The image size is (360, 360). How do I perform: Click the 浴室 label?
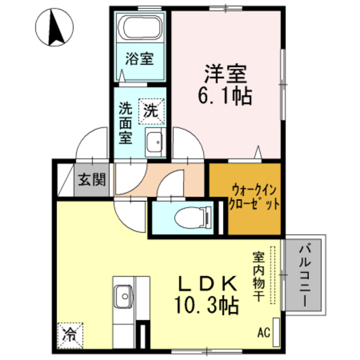[x=139, y=58]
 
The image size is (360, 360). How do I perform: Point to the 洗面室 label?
[x=125, y=123]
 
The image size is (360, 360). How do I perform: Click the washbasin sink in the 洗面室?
[x=153, y=143]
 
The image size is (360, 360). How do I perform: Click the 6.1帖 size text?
[x=224, y=96]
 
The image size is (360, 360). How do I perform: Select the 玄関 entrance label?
[x=92, y=180]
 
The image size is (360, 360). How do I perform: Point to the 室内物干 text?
[x=258, y=276]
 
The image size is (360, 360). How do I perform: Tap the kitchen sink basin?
[x=124, y=294]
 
